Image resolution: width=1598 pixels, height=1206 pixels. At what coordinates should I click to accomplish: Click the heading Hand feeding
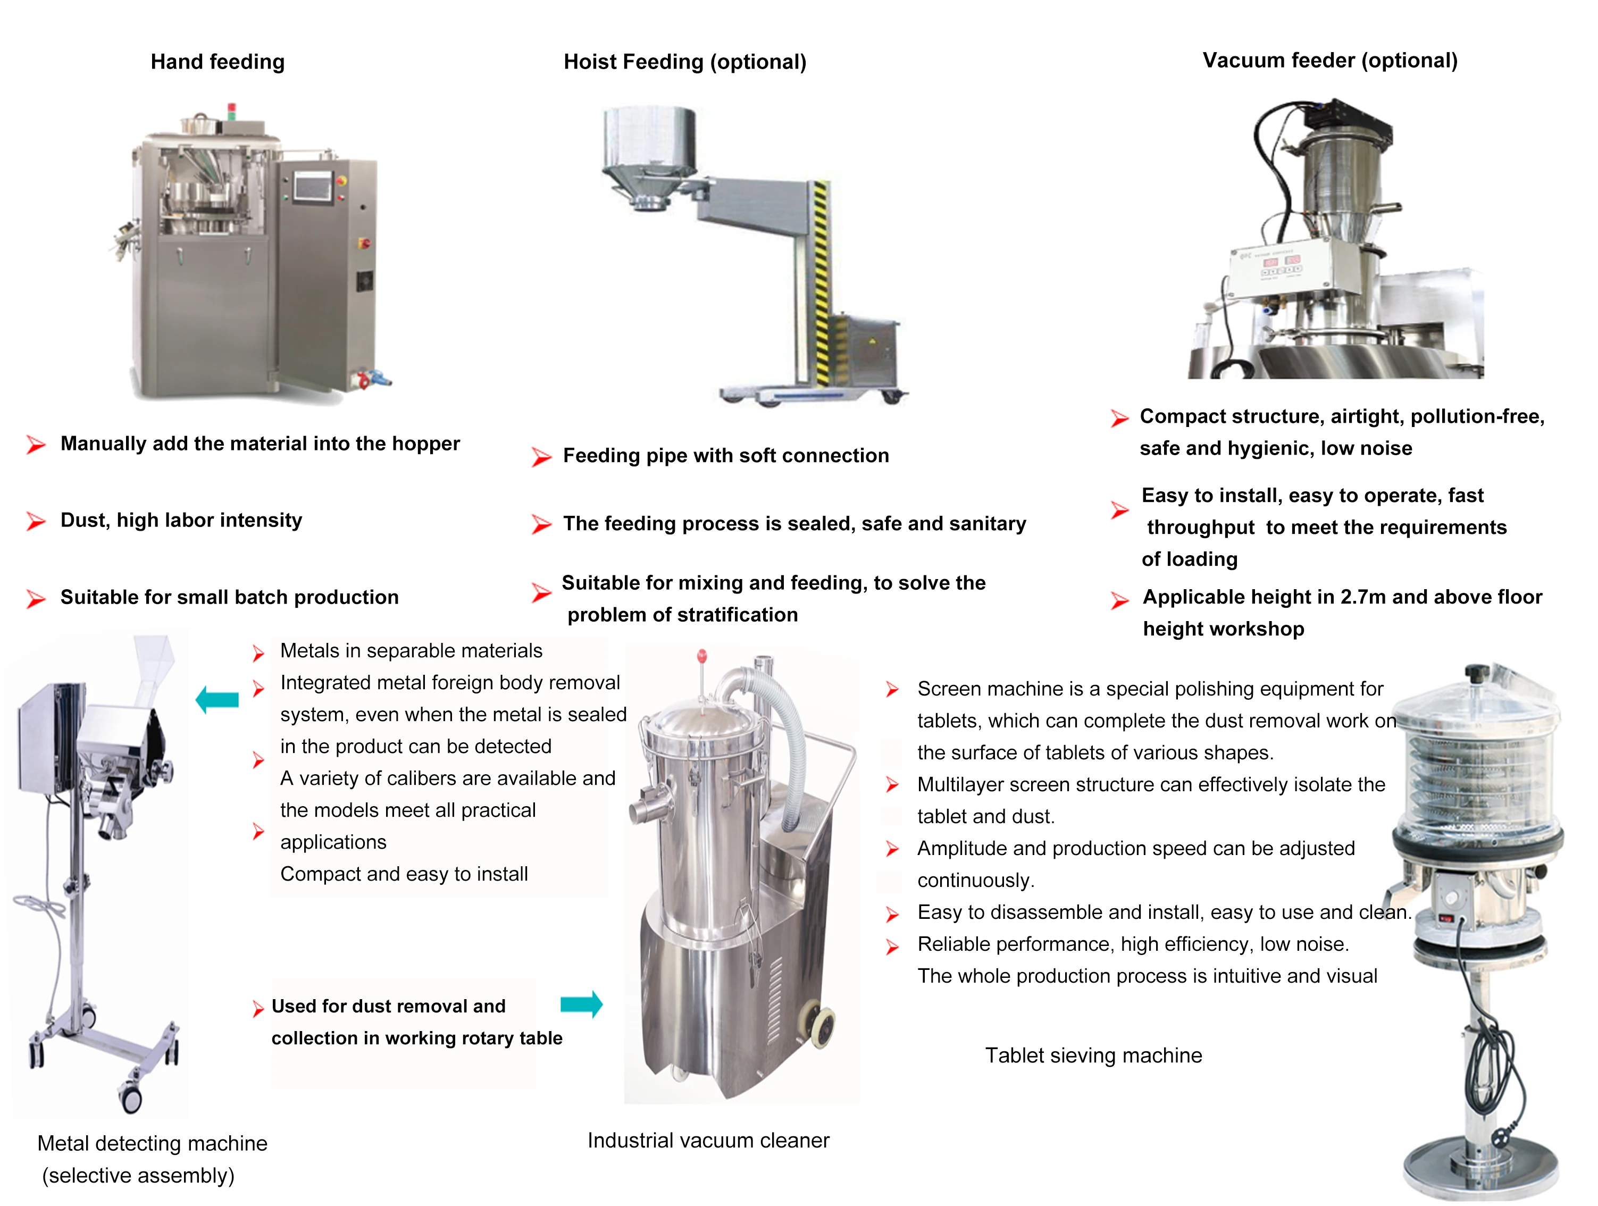217,62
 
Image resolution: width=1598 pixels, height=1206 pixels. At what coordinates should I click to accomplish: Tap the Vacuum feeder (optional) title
1329,61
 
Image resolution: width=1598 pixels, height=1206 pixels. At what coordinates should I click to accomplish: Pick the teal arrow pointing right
581,1004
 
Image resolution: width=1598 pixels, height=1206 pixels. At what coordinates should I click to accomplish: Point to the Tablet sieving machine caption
1093,1055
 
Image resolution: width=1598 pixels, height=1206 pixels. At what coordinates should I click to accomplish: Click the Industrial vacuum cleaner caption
708,1140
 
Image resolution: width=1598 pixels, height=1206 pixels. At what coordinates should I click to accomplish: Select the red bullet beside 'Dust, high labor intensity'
36,521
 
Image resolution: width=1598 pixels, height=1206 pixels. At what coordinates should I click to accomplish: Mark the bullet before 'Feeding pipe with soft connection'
540,457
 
